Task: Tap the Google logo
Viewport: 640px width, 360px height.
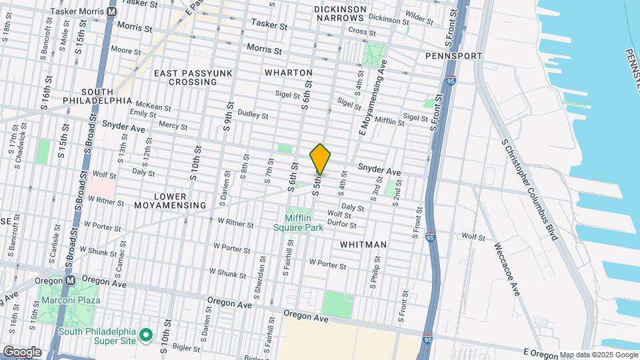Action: pos(22,352)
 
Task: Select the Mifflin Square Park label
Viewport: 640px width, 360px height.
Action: pos(299,223)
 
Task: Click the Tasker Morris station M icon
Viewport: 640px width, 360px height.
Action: pos(111,12)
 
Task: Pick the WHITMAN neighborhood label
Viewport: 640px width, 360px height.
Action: pos(363,245)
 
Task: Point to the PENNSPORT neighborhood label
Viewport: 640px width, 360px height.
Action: pos(453,56)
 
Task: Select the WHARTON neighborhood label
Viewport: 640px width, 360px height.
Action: pos(288,72)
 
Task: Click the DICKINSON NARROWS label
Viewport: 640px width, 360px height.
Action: pos(340,13)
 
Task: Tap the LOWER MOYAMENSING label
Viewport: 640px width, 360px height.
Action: pos(171,200)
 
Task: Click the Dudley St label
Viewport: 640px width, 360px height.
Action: pos(252,115)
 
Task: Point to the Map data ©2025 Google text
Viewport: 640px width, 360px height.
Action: pos(599,355)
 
